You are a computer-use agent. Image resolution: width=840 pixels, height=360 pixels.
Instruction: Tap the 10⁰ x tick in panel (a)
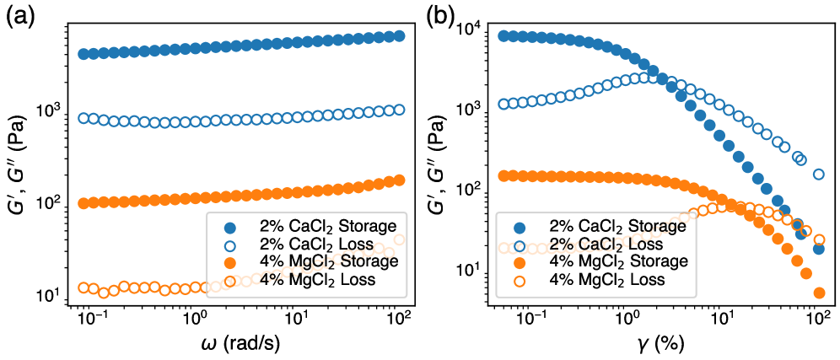195,320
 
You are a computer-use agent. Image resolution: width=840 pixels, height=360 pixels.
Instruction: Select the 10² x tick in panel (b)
816,320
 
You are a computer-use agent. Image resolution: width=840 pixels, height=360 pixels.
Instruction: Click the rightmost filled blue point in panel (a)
399,36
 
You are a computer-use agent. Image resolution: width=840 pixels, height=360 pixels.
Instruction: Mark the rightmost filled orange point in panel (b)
818,293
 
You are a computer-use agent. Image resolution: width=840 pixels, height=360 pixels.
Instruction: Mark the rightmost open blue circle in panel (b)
818,175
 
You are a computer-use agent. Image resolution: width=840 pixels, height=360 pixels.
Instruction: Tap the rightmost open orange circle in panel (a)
399,239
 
